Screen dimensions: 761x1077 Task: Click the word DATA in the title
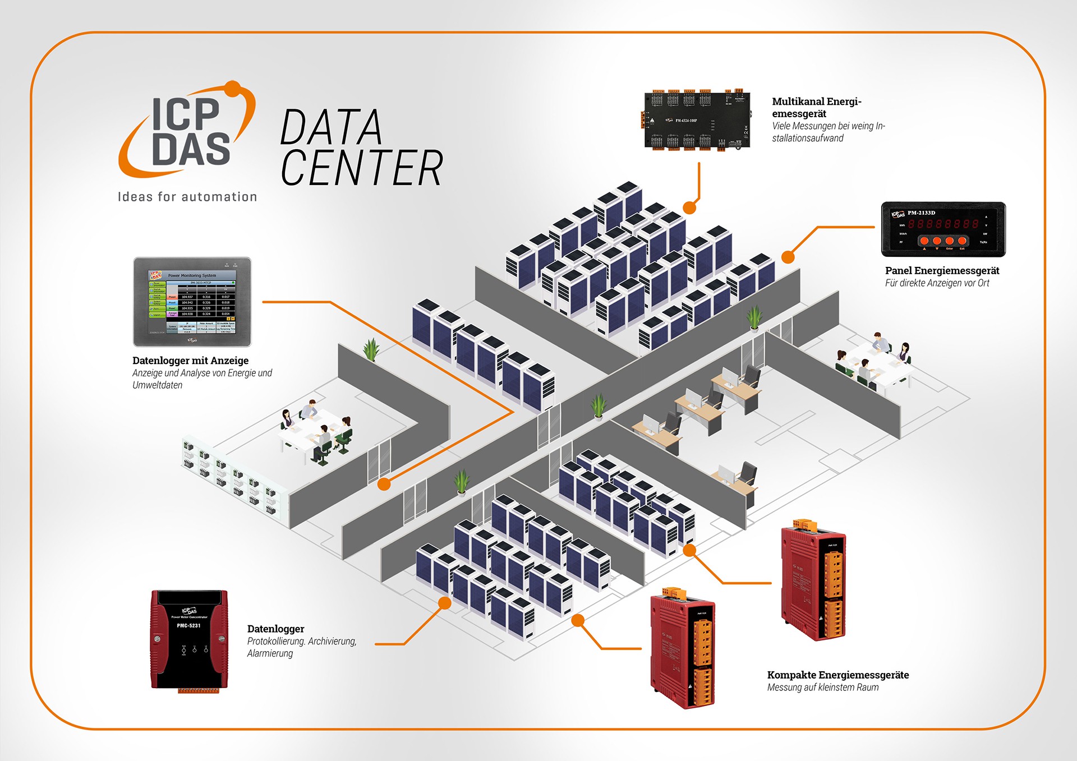331,127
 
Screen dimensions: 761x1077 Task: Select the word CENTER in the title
362,168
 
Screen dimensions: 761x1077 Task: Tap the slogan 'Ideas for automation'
187,197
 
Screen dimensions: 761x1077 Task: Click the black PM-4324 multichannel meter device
697,121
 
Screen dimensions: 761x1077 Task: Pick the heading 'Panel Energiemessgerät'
942,271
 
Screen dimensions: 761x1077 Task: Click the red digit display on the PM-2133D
943,224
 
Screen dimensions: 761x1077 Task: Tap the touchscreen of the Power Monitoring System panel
192,301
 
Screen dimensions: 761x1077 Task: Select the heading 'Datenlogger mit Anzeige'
190,361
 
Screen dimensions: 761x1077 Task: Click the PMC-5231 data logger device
189,639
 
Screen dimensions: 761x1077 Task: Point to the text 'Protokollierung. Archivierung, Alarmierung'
302,647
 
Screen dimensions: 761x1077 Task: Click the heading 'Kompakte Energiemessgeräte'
838,675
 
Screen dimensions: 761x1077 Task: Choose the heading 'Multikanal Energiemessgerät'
816,107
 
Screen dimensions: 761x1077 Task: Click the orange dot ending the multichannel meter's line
689,207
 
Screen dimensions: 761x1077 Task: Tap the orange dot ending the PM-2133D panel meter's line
788,257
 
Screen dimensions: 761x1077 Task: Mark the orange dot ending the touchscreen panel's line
384,484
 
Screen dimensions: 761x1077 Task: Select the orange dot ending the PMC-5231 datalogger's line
444,603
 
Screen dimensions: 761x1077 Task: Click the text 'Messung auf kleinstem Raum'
823,688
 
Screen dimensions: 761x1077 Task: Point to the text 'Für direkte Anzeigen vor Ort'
937,283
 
